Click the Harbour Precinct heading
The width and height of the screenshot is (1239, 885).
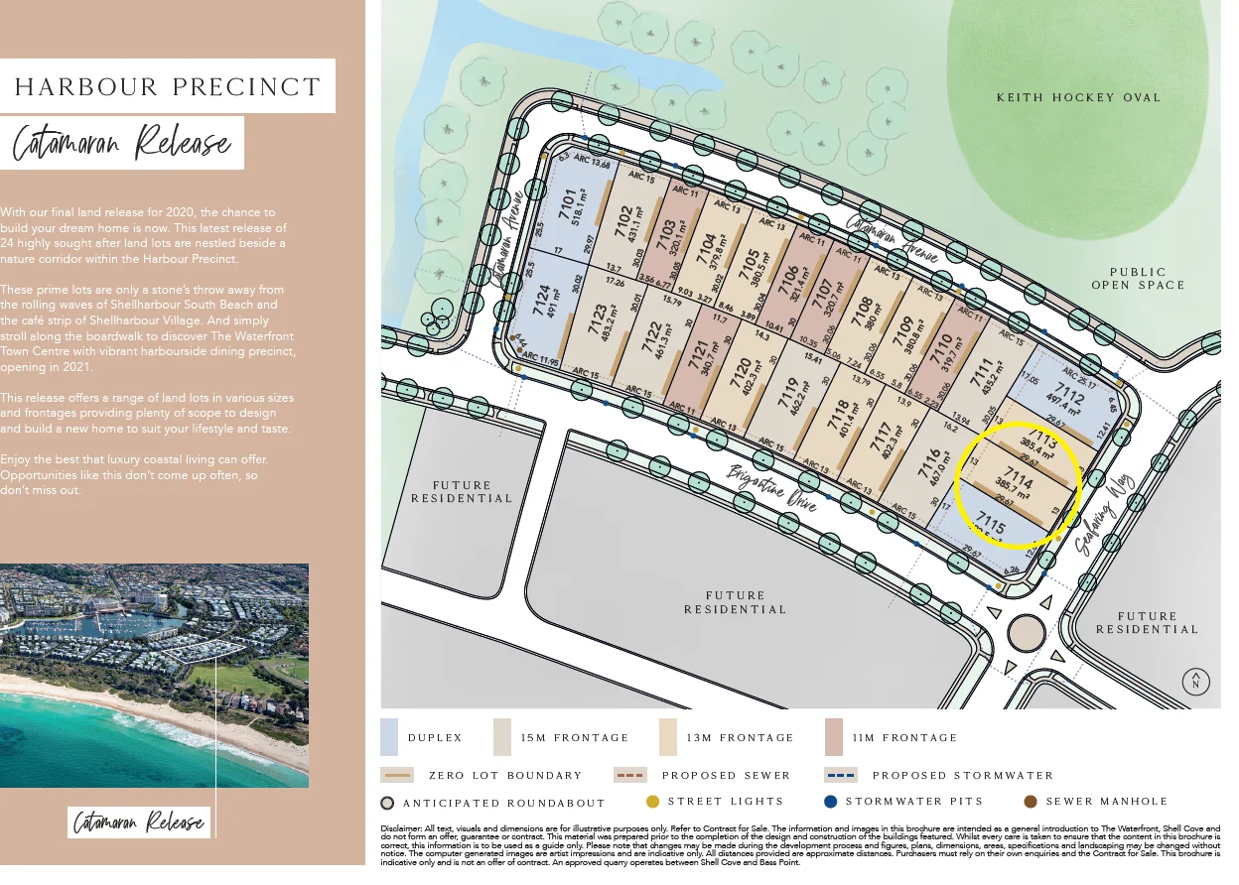168,86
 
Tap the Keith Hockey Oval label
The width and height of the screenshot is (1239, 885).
1078,97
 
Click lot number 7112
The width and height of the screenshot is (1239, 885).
1064,396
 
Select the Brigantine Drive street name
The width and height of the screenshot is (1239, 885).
772,487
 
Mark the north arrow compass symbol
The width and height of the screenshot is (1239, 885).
1196,682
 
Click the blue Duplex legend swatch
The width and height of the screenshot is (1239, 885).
389,737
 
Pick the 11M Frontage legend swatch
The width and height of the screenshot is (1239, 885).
833,737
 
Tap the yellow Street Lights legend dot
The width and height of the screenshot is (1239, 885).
652,801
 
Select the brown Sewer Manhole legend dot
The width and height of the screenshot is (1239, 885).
1030,801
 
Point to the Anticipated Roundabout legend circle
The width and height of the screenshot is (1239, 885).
387,803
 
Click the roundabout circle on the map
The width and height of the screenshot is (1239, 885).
1025,632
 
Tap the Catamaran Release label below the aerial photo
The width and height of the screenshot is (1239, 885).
140,822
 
